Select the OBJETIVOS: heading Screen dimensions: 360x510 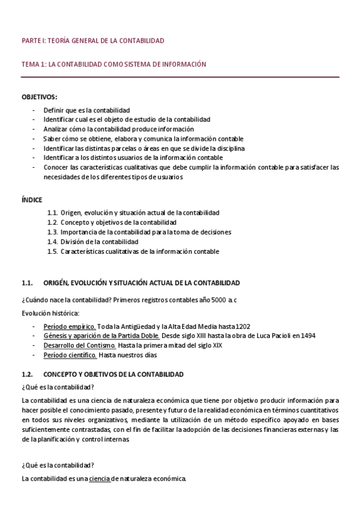pos(40,96)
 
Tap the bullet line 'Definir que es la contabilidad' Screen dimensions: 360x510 pos(87,111)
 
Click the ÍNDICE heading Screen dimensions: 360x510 pos(32,199)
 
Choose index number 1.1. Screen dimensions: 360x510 pos(52,213)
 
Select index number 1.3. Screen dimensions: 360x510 pos(52,232)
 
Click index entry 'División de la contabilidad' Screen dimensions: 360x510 pos(99,242)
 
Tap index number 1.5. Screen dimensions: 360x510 pos(52,251)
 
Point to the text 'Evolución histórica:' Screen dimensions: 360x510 pos(50,313)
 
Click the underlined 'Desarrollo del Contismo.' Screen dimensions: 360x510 pos(79,345)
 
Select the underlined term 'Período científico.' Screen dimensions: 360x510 pos(70,355)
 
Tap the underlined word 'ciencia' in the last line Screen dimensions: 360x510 pos(100,479)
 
